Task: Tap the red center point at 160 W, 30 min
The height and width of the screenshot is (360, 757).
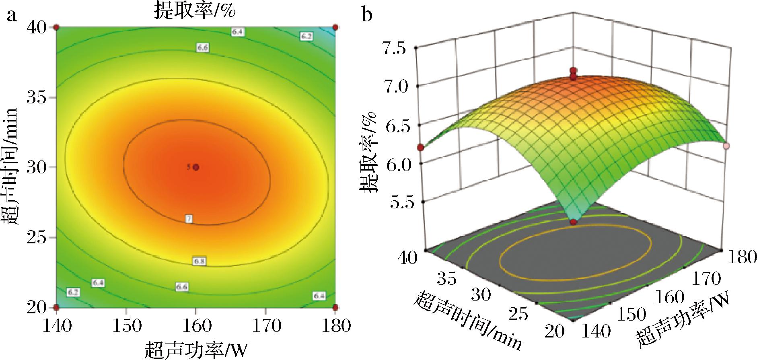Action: (x=196, y=167)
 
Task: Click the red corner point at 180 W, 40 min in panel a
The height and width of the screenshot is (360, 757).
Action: (x=335, y=27)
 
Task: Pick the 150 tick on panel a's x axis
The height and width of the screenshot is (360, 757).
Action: (x=127, y=325)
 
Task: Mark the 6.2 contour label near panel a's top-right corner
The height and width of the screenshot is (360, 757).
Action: (x=306, y=36)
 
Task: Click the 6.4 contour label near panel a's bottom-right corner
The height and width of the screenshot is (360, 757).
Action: (x=319, y=296)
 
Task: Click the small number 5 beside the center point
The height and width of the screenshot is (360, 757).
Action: (x=189, y=167)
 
